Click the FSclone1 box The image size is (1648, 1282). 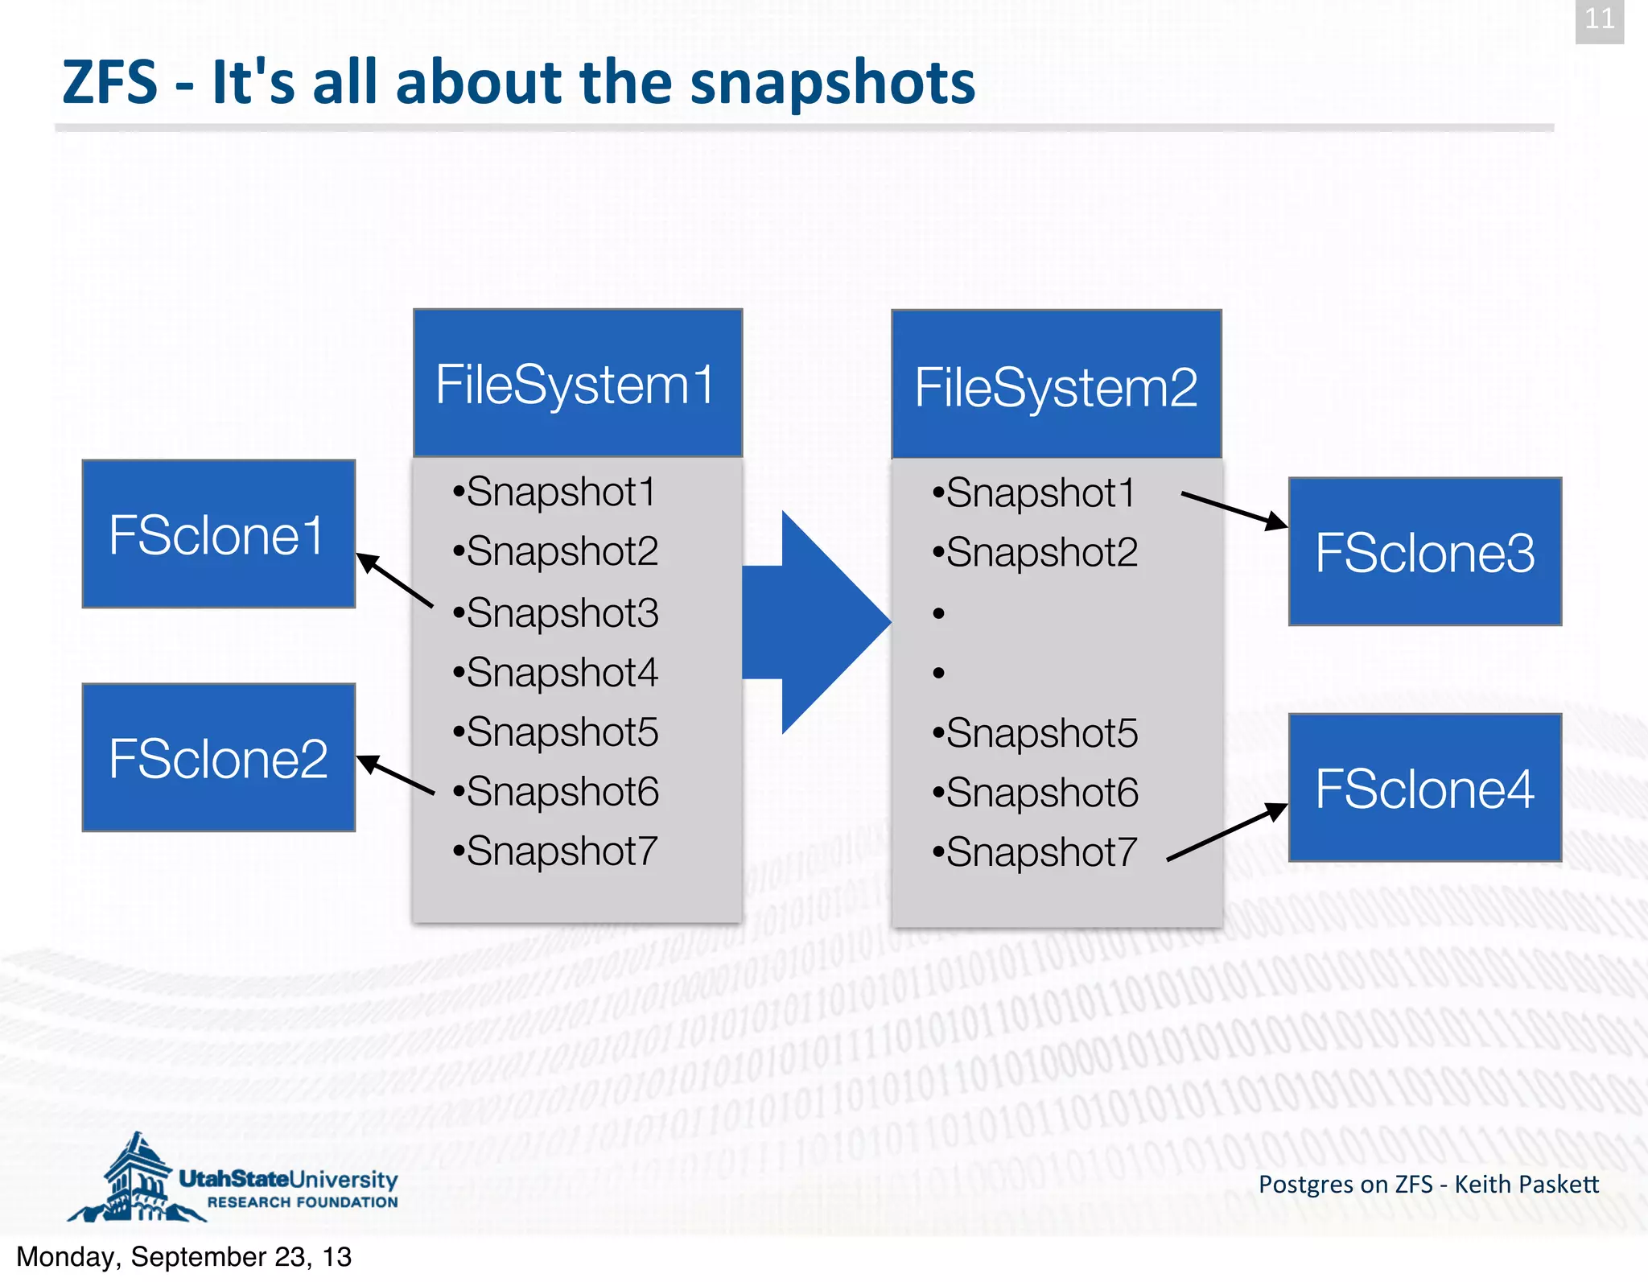(218, 534)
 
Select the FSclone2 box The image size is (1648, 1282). (218, 757)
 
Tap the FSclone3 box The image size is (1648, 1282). (1424, 551)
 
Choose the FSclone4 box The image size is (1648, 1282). (1424, 787)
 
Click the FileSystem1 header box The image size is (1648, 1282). (577, 383)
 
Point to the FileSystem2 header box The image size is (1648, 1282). (1056, 385)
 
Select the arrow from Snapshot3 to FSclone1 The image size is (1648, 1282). (395, 579)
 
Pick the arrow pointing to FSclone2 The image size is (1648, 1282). (395, 774)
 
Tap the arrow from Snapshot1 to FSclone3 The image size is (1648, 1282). (1233, 509)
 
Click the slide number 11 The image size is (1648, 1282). (1599, 19)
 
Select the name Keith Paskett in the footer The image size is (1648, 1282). (1526, 1184)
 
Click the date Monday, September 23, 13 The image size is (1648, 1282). (183, 1256)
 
